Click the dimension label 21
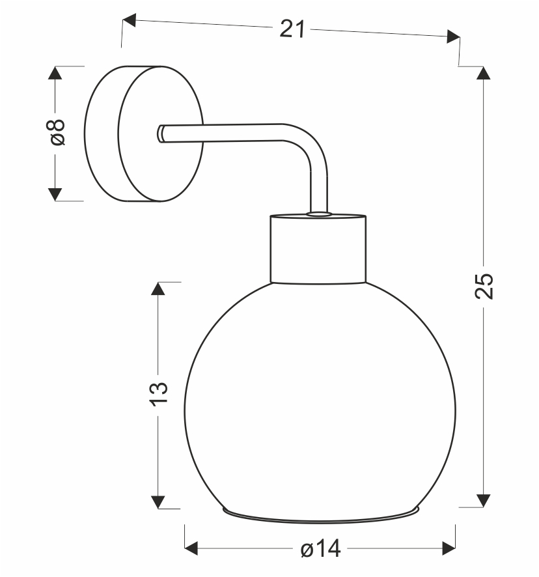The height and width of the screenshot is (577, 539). pos(292,29)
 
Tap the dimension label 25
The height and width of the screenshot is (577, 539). pos(484,286)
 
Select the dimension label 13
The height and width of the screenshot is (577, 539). pos(159,394)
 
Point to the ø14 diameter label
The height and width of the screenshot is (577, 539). pos(320,548)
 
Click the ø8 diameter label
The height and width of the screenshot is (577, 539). pos(55,132)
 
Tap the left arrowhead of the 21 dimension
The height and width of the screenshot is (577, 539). pos(129,20)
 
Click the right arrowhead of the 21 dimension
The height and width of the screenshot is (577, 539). pos(453,36)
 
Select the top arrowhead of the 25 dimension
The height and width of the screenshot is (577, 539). pos(483,73)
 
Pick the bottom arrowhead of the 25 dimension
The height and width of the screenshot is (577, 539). pos(483,501)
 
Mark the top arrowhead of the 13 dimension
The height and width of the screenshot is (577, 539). pos(158,289)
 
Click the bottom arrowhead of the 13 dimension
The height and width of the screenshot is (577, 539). pos(158,502)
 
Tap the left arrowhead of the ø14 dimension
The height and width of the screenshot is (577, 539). pos(191,548)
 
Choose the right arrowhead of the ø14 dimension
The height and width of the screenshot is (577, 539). pos(449,548)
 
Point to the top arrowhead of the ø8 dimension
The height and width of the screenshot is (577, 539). pos(55,73)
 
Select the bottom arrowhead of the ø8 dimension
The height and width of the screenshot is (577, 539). pos(55,194)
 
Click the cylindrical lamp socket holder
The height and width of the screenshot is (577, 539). pos(318,249)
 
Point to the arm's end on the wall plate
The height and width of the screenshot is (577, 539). pos(161,134)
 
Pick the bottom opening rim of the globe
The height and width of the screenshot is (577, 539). pos(321,515)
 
